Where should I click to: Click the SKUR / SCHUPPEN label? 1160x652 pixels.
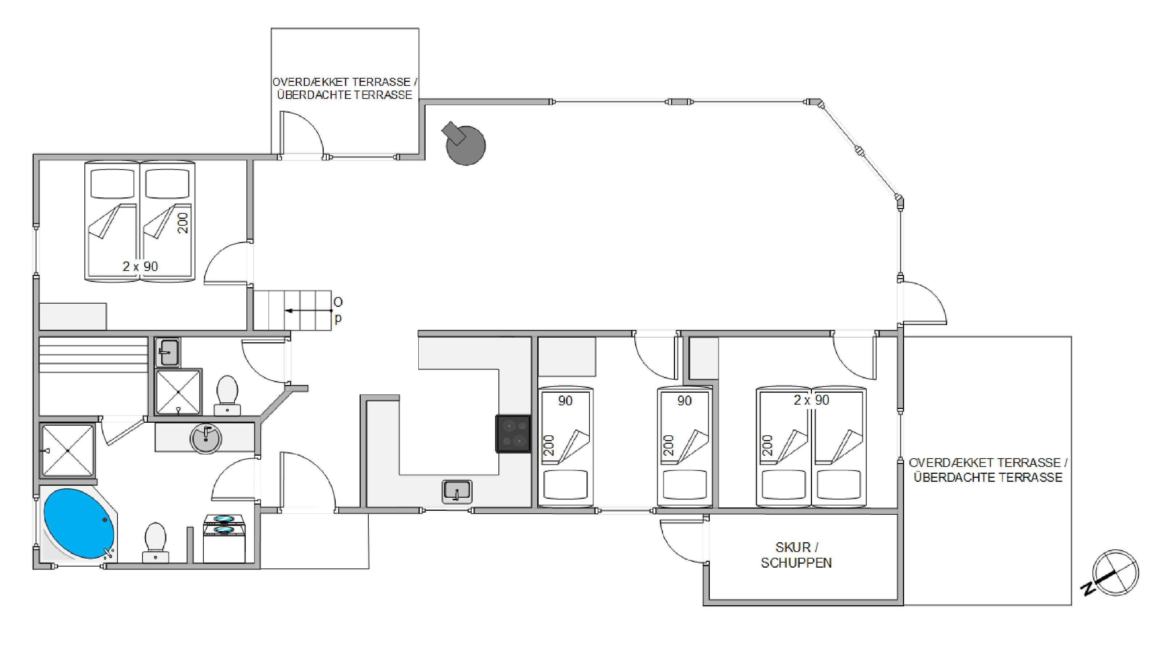click(x=796, y=555)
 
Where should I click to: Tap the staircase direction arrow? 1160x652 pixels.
click(x=308, y=310)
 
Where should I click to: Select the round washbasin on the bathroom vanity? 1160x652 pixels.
click(x=206, y=439)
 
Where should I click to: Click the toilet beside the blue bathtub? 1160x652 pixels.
click(x=156, y=542)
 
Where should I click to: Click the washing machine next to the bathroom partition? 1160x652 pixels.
click(x=224, y=539)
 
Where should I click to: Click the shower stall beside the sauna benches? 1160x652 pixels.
click(x=178, y=392)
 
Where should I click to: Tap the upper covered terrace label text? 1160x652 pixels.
click(x=345, y=88)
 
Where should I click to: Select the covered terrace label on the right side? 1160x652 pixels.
click(x=988, y=470)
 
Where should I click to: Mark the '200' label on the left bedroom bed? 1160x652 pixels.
click(x=183, y=223)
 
